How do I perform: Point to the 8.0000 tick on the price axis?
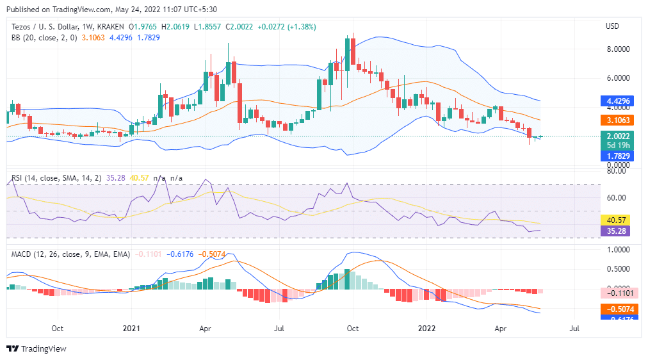(617, 49)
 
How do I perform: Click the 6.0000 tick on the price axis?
(617, 78)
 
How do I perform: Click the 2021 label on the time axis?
(131, 329)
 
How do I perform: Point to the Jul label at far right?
(574, 329)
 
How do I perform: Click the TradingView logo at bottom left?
(36, 349)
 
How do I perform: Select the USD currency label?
(612, 26)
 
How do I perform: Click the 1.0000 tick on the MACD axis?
(617, 250)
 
